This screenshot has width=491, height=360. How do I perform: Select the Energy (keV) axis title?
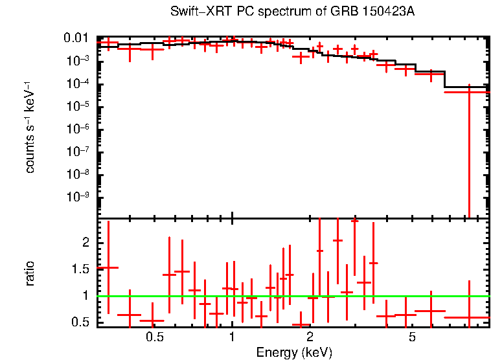pyautogui.click(x=294, y=353)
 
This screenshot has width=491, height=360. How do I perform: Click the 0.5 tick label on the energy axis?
pyautogui.click(x=154, y=337)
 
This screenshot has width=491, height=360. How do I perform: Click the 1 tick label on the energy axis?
pyautogui.click(x=232, y=337)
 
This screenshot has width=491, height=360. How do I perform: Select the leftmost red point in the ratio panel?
pyautogui.click(x=108, y=267)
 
